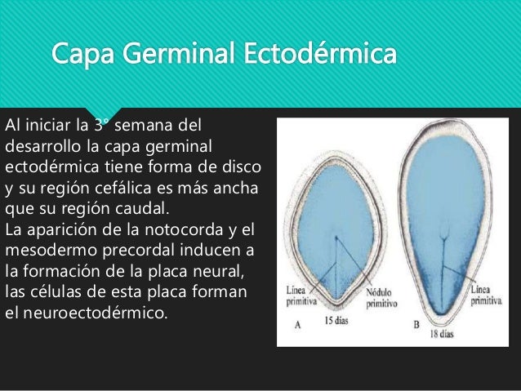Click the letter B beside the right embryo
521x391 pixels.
click(416, 324)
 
